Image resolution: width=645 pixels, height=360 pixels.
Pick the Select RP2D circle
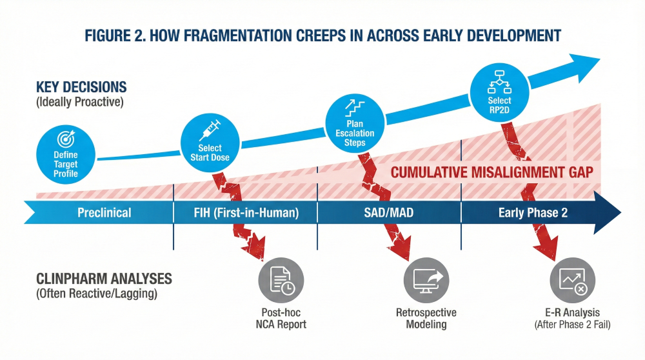tap(499, 91)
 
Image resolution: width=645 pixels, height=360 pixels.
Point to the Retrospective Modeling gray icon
tap(426, 279)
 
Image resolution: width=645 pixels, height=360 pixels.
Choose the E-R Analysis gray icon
tap(572, 279)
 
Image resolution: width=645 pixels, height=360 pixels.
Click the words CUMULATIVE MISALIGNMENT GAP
tap(491, 172)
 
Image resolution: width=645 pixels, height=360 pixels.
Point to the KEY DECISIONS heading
tap(81, 87)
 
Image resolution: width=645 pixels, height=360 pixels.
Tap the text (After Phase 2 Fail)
tap(572, 325)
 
